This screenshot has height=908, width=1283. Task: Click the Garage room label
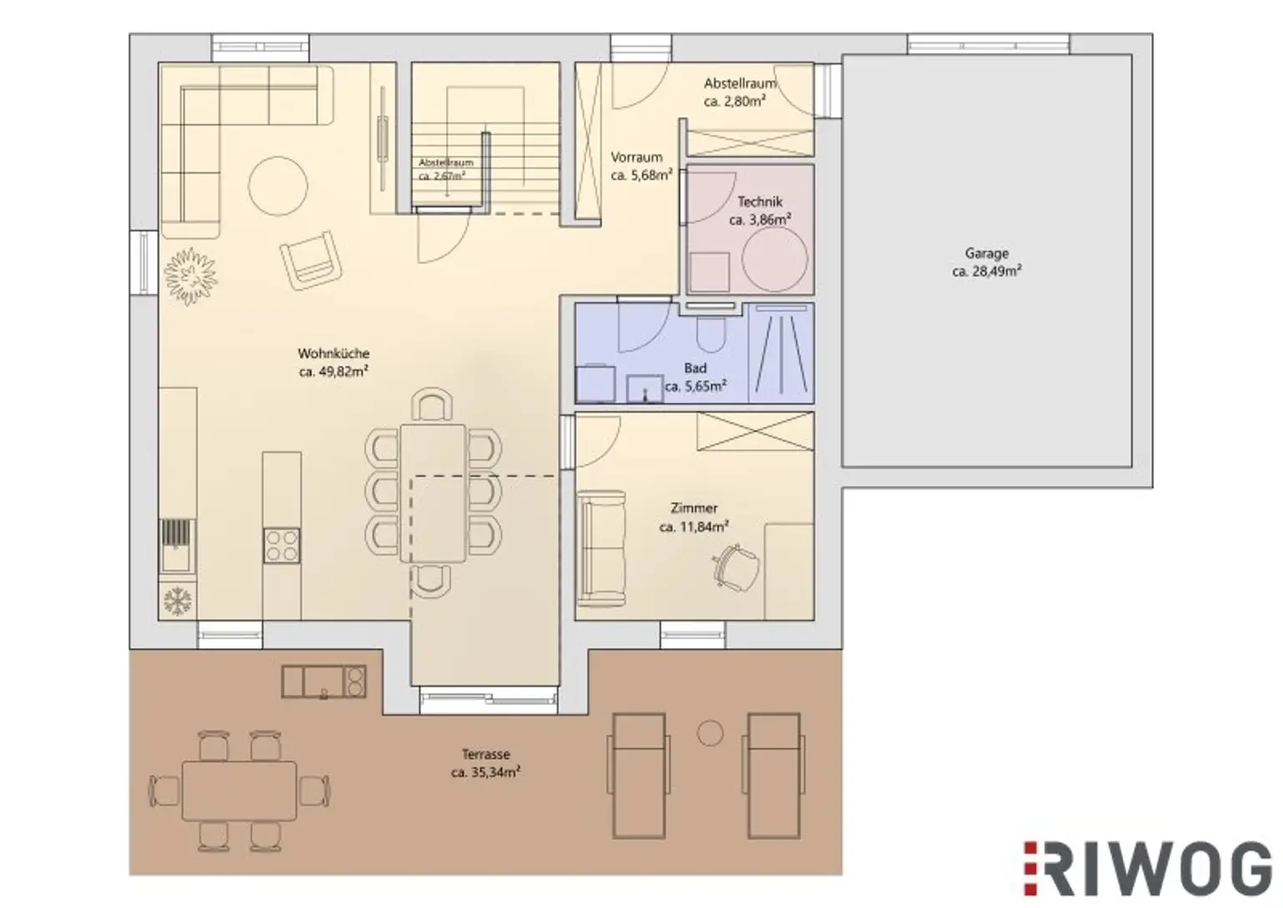click(986, 252)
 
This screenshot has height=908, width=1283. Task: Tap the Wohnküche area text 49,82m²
click(343, 372)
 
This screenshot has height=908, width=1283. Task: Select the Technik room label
click(759, 201)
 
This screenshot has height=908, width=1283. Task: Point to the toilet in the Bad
click(712, 335)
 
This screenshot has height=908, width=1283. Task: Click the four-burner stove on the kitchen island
click(281, 545)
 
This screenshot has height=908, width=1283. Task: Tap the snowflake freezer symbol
click(178, 601)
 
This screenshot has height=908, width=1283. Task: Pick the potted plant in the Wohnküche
click(190, 277)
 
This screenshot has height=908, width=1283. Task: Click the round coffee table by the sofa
click(278, 186)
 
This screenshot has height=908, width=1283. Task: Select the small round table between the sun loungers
click(710, 733)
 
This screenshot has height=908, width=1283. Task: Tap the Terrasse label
click(485, 754)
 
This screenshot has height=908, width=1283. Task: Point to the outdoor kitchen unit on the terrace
click(323, 681)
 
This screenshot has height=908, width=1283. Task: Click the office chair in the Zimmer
click(736, 567)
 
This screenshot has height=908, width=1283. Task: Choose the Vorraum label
click(636, 157)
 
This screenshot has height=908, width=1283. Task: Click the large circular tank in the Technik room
click(774, 259)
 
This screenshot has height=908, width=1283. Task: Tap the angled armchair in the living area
click(311, 261)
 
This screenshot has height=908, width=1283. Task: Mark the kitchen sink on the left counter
click(177, 545)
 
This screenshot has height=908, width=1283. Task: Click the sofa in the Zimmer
click(601, 548)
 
